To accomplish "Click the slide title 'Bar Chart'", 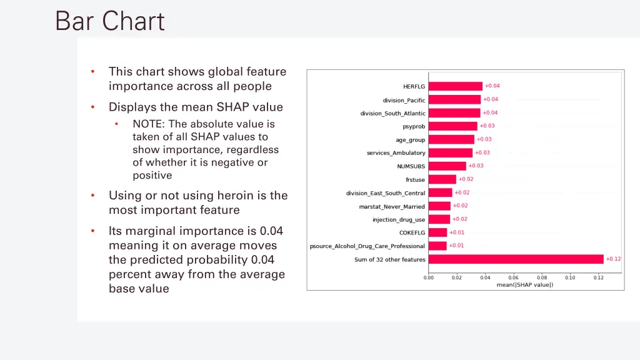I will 110,21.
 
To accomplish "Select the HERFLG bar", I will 455,86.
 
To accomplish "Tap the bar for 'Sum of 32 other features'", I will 516,259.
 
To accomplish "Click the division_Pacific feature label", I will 404,100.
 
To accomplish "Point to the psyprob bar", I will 452,126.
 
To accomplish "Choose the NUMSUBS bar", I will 447,166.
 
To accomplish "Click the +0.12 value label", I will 613,259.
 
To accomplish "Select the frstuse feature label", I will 415,180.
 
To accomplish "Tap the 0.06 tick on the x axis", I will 513,277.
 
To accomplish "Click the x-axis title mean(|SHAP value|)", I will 524,285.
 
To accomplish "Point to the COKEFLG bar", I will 437,232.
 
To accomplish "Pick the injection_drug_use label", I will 399,220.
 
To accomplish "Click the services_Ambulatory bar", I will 450,153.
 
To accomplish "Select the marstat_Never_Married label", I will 391,206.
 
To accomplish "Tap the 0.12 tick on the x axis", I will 598,277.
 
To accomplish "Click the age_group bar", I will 451,140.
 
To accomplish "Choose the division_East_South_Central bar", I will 440,193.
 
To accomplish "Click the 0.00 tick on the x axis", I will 429,277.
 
